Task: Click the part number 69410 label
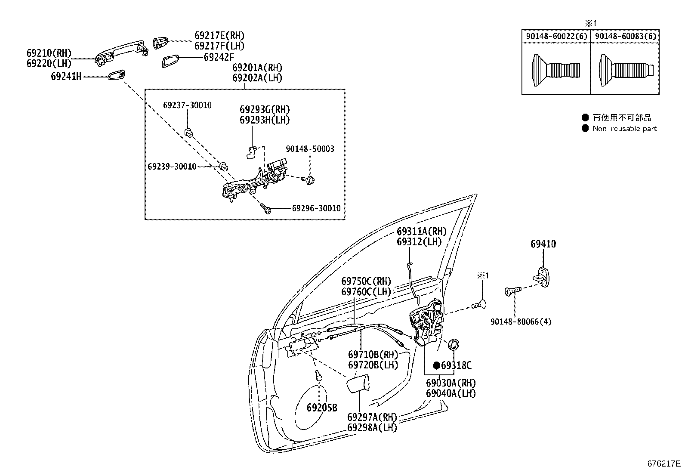coord(543,244)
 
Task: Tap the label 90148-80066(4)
coord(515,322)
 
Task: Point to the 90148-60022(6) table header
coord(556,36)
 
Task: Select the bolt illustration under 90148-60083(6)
coord(626,69)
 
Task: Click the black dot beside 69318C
coord(436,365)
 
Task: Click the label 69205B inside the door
coord(322,408)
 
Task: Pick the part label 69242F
coord(219,57)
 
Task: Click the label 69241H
coord(66,77)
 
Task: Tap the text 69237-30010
coord(187,105)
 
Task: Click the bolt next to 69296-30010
coord(266,209)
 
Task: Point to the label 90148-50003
coord(310,149)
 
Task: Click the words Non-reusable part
coord(624,129)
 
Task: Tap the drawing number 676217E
coord(664,464)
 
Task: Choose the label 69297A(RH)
coord(372,417)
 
